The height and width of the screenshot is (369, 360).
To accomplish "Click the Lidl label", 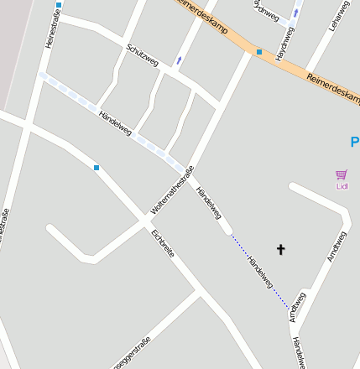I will coord(342,186).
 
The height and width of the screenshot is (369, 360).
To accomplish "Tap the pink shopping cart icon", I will coord(341,174).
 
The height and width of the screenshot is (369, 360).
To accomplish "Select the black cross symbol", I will coord(280,249).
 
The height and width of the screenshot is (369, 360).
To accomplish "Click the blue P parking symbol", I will coord(355,142).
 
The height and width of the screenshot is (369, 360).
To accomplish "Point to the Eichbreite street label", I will coord(163,242).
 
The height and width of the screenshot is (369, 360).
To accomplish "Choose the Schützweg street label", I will coord(142,55).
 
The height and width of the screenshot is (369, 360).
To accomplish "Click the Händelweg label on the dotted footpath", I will coord(260,272).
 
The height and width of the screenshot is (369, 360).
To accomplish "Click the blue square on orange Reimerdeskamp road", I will coord(259,52).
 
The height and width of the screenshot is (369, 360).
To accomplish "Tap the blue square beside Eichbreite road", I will coord(97,168).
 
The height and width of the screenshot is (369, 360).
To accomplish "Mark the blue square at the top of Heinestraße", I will coord(59,5).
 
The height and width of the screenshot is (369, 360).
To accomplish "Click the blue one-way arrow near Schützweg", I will coord(179,59).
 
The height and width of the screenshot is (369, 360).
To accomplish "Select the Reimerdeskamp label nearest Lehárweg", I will coord(332,86).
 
